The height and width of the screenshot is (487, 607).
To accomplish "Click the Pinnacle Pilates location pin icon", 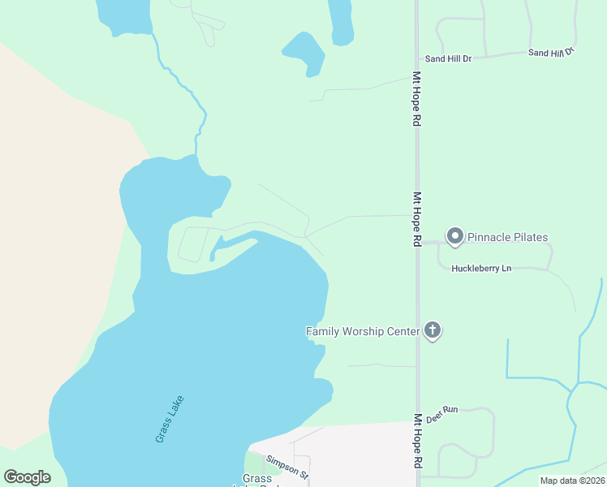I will [x=455, y=236].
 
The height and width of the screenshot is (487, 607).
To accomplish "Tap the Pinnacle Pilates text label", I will [x=507, y=238].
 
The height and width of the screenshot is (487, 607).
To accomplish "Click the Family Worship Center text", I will [x=362, y=331].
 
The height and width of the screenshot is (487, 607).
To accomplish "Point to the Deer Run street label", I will [x=442, y=411].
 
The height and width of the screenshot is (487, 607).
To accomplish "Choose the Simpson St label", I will [x=288, y=467].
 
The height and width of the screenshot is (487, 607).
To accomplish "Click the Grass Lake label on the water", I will [x=170, y=418].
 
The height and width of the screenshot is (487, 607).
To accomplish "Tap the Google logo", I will [x=28, y=476].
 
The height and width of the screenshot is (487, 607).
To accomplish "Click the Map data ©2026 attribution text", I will [x=572, y=481].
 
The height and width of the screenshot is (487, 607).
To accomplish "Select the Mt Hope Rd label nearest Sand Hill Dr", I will [x=417, y=98].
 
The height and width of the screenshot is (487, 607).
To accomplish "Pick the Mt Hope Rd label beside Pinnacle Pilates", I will [x=417, y=218].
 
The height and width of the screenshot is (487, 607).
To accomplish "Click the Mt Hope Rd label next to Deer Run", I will [x=418, y=441].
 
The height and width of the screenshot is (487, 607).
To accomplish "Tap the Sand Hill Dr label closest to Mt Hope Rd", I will [x=448, y=59].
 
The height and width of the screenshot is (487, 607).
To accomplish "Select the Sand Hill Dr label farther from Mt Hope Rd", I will [x=550, y=52].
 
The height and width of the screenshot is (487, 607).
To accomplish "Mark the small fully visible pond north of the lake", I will [x=305, y=53].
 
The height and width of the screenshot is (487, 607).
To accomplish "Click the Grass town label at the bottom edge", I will [x=257, y=479].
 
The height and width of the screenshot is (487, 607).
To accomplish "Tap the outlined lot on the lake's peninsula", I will [x=192, y=244].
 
